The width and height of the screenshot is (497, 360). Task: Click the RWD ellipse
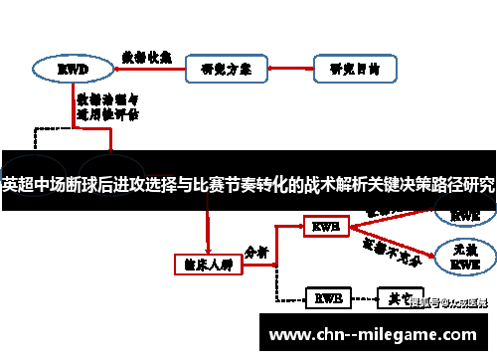(71, 70)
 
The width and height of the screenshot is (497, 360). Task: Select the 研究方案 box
(226, 70)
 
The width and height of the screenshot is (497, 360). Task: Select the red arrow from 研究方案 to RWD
(148, 71)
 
